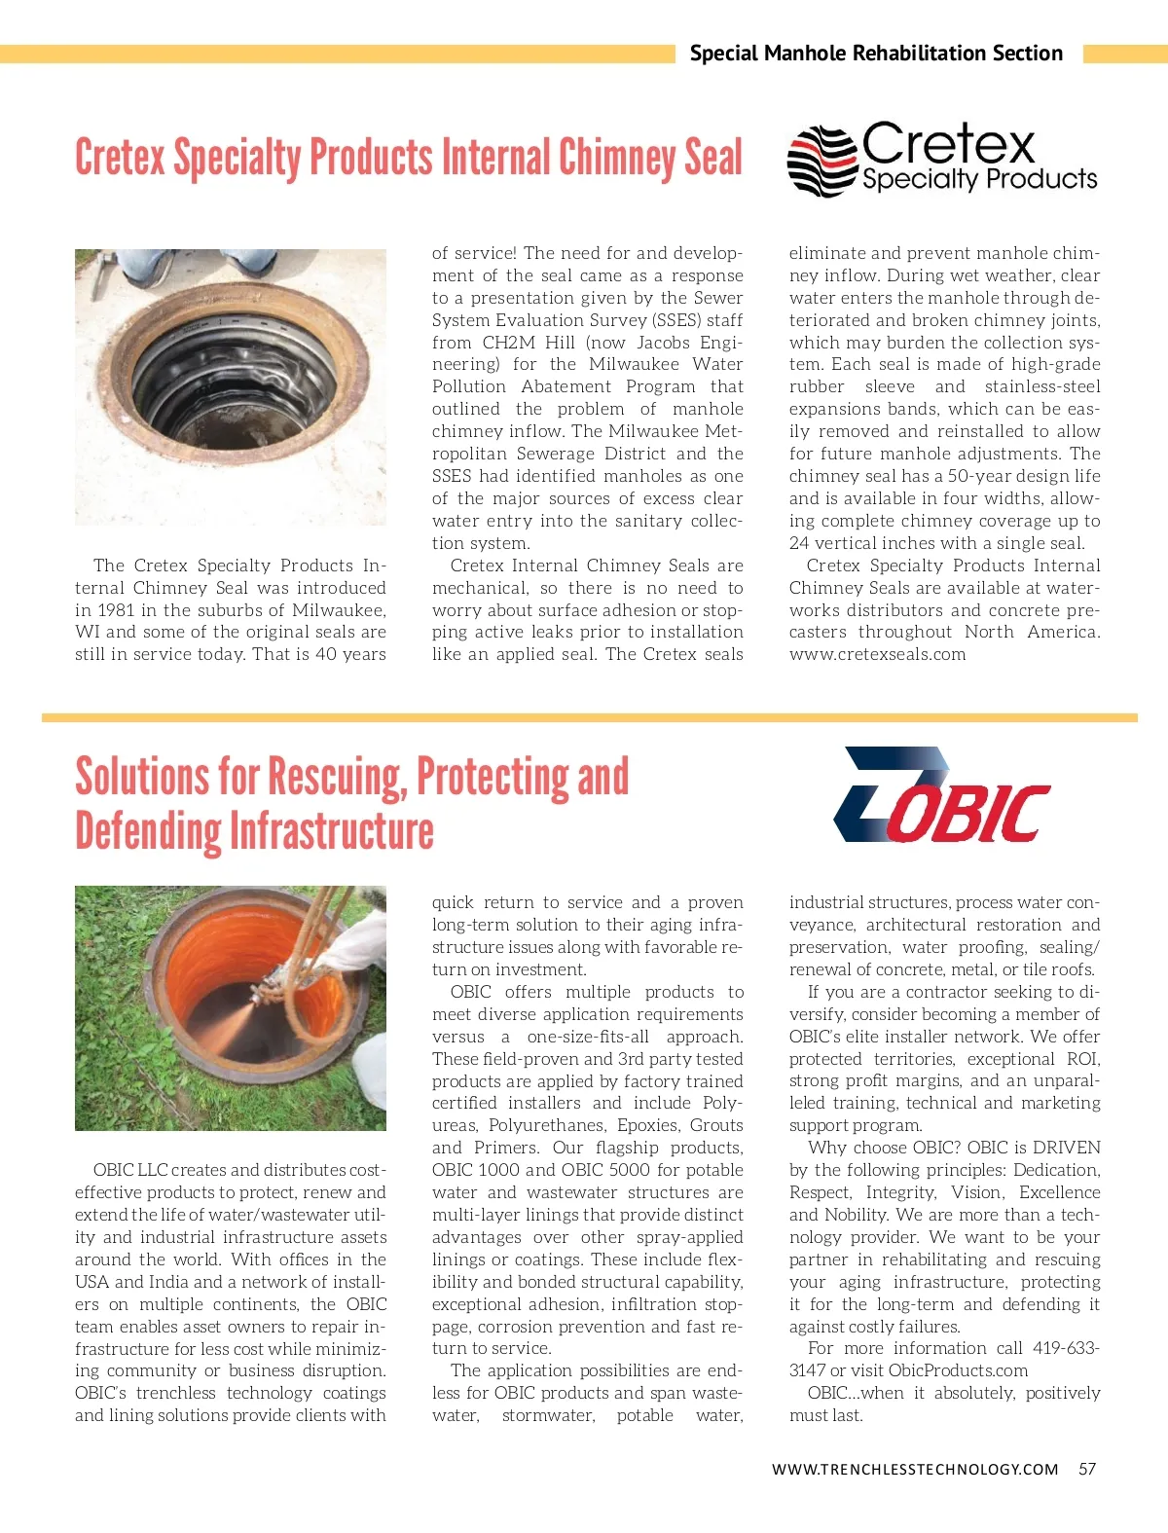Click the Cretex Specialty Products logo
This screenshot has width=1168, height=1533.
coord(941,159)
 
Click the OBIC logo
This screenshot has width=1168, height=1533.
coord(941,796)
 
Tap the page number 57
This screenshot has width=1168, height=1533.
coord(1087,1469)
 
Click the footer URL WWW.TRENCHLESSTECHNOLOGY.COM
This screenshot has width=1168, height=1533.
coord(914,1469)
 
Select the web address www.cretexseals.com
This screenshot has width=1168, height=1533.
coord(877,654)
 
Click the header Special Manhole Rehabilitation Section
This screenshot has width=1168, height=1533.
coord(876,54)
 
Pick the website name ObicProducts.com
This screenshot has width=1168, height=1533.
coord(958,1370)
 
